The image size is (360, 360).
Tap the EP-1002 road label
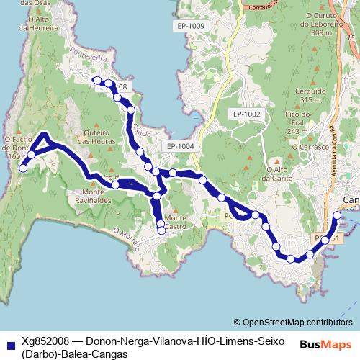(x=246, y=114)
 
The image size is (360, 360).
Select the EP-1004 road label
(x=181, y=146)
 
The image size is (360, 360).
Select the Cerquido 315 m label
(x=310, y=96)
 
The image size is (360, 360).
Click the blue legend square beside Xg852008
(x=10, y=345)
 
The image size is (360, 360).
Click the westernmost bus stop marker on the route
(x=22, y=168)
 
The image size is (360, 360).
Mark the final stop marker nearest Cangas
(x=338, y=215)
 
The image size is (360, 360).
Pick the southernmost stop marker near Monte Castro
(x=161, y=231)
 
